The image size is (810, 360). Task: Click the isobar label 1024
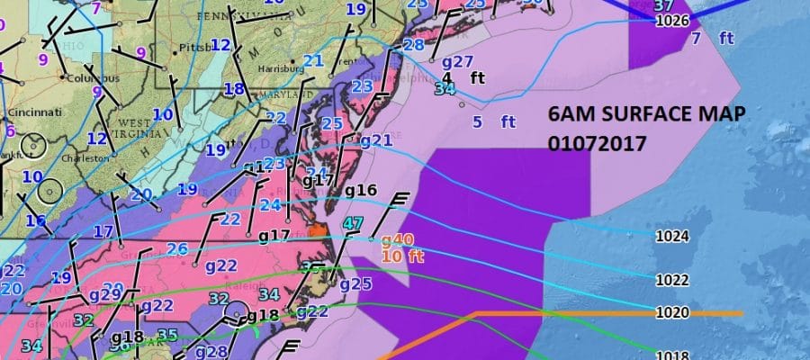[672, 237]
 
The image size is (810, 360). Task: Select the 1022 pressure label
[672, 280]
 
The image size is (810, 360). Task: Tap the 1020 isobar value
[672, 312]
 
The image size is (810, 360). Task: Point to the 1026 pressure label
[672, 20]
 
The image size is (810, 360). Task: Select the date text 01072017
[597, 143]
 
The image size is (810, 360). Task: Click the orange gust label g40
[397, 239]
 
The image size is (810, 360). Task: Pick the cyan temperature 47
[353, 223]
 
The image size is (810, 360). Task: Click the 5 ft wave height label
[494, 121]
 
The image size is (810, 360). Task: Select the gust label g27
[458, 61]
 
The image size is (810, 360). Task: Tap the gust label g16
[360, 190]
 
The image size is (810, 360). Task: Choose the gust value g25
[355, 284]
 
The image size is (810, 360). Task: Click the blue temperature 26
[176, 249]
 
